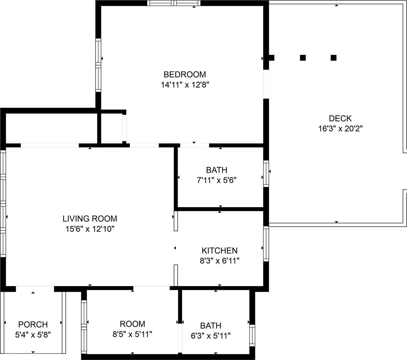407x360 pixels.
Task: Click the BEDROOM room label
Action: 185,75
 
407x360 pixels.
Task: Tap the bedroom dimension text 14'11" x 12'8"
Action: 185,85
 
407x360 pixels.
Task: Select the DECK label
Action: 340,118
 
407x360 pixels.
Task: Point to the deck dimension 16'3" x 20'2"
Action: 340,129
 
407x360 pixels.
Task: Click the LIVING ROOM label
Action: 90,219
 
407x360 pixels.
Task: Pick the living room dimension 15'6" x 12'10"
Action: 90,229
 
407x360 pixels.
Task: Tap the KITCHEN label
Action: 219,251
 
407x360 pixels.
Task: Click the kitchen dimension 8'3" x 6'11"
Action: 219,261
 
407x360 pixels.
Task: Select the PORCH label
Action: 33,324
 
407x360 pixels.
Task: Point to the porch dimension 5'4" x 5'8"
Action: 33,335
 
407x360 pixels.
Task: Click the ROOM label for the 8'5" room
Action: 132,324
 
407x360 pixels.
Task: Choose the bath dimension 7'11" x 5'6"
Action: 216,180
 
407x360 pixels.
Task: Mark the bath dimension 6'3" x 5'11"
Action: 211,336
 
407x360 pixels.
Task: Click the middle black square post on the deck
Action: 303,58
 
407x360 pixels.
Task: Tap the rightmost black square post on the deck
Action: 334,58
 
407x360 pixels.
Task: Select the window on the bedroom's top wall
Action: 174,3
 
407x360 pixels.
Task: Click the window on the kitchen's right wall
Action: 266,244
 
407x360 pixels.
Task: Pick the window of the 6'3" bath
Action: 252,335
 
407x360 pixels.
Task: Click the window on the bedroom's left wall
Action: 98,65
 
